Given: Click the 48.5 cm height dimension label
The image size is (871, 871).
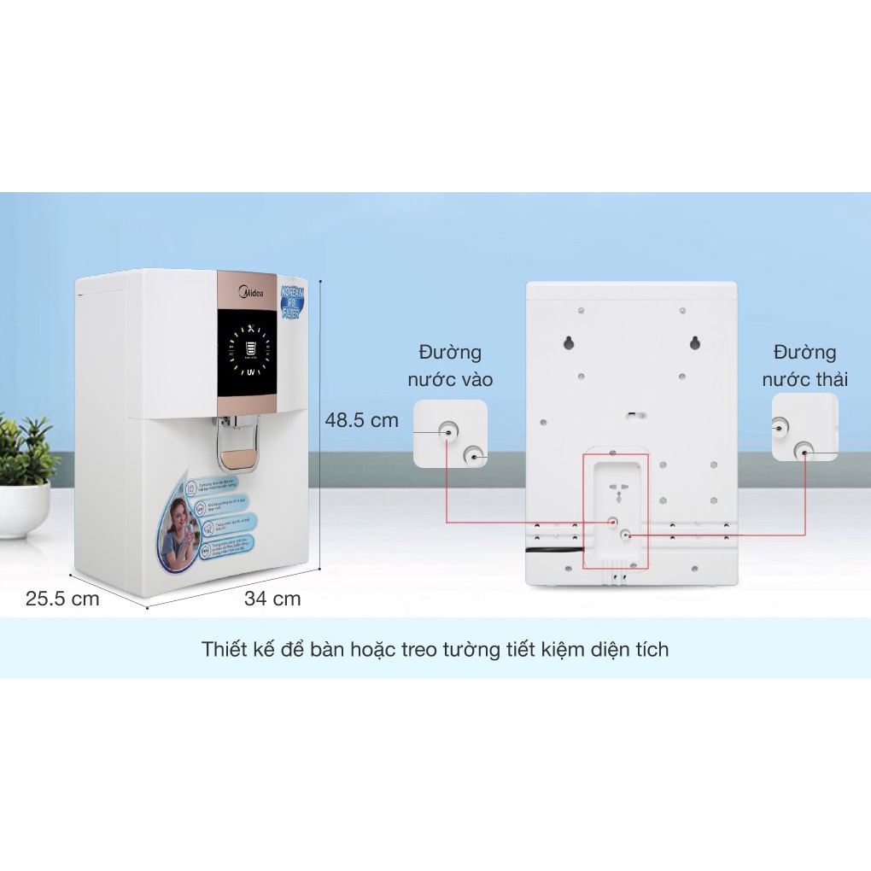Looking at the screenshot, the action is tap(362, 420).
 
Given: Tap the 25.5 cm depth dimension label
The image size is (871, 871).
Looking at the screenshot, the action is tap(62, 599).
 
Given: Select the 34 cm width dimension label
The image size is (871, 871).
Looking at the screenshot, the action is tap(272, 599).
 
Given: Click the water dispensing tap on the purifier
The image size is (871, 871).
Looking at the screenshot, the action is tap(237, 440).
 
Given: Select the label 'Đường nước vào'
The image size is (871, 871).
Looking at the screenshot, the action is tap(450, 365).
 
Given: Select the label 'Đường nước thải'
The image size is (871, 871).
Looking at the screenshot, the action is tap(804, 365).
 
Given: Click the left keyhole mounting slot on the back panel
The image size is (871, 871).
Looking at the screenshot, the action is tap(568, 342).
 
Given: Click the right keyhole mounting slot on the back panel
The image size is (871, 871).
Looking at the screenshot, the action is tap(694, 342).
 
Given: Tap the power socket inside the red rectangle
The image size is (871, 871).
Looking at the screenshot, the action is tap(614, 495).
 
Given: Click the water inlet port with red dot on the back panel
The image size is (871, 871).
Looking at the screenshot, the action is tap(612, 520).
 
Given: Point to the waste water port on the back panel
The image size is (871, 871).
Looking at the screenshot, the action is tap(626, 535).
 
